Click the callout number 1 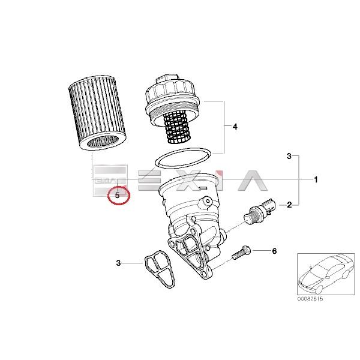316,179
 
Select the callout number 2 289,205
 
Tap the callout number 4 235,127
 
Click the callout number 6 274,250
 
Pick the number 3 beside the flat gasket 119,262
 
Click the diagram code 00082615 310,299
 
